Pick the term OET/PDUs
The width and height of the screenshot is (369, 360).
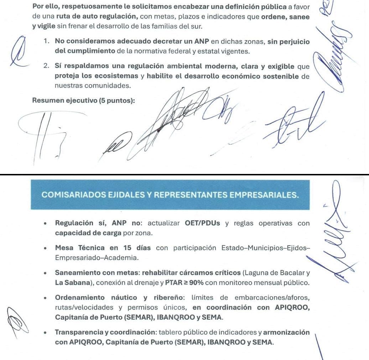[x=202, y=223]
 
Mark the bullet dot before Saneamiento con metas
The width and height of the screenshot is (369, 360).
[x=45, y=274]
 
